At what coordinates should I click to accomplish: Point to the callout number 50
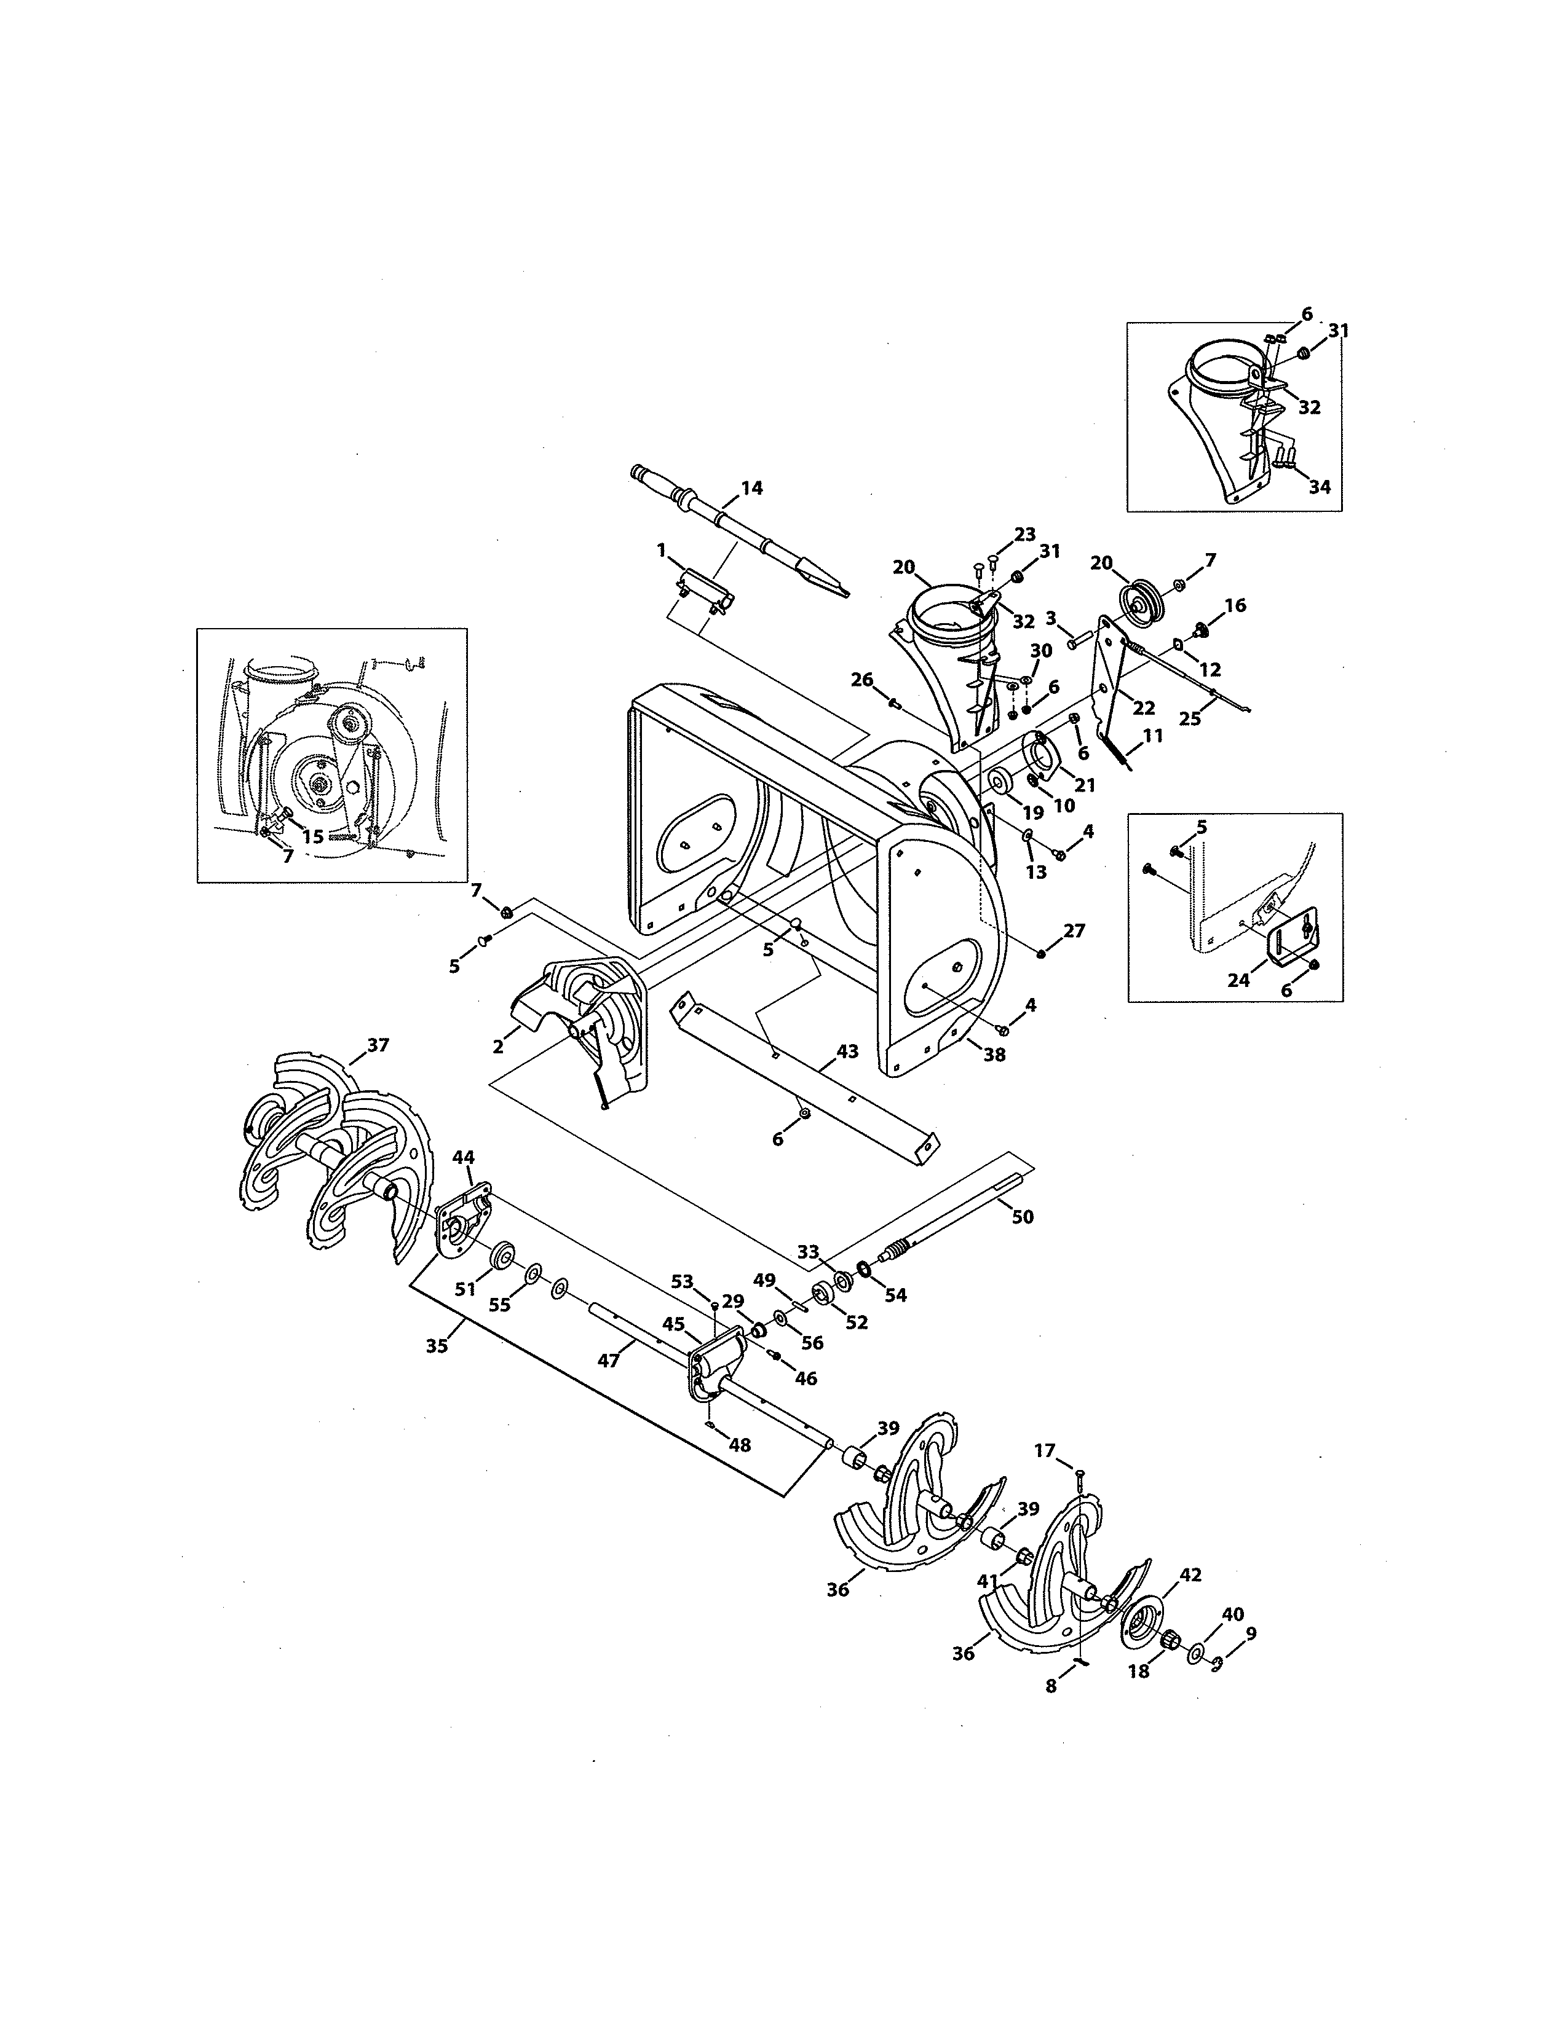click(x=1022, y=1216)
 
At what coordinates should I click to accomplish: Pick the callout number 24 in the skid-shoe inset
click(x=1238, y=980)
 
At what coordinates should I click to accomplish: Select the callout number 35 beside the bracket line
click(x=437, y=1345)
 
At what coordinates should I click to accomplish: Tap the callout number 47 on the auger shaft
click(x=608, y=1361)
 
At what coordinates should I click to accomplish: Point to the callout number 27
click(x=1074, y=930)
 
